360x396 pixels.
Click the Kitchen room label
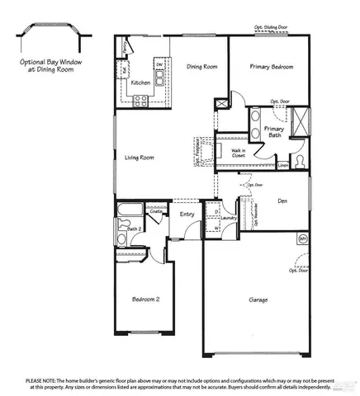[140, 82]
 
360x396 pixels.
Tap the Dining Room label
[201, 67]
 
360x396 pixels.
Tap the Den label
[282, 200]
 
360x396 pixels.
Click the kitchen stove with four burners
[140, 101]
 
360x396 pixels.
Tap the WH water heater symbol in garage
[302, 239]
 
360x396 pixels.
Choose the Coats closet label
[155, 211]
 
